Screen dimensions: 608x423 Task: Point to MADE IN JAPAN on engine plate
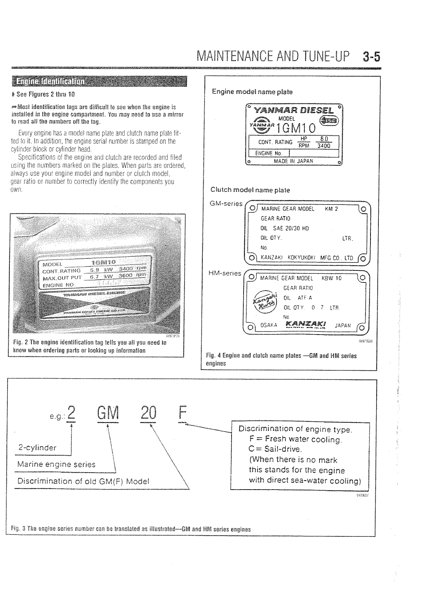(x=293, y=161)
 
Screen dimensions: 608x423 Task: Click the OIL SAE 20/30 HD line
(x=285, y=228)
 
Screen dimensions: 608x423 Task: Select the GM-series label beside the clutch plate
(x=226, y=203)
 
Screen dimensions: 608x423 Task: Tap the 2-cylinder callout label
(x=37, y=448)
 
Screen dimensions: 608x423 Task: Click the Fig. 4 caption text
(x=281, y=359)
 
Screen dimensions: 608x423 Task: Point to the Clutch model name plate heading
(x=251, y=190)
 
